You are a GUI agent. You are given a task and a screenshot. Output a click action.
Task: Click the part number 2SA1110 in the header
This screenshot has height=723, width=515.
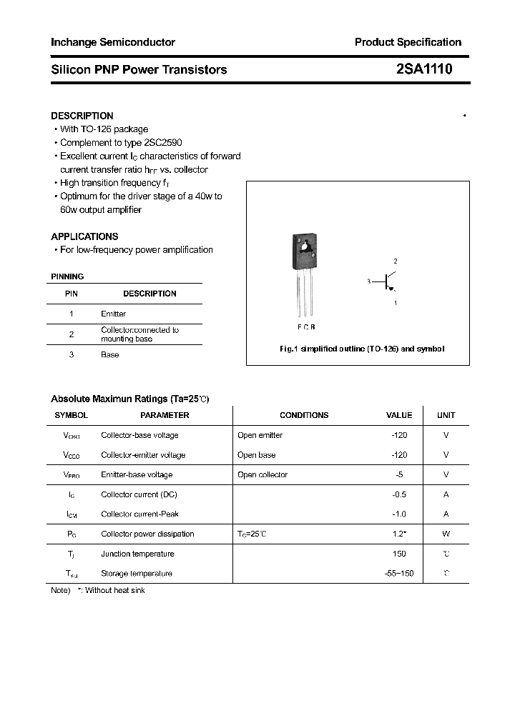[423, 69]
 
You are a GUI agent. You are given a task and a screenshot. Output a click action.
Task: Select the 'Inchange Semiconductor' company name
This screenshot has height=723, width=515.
[113, 42]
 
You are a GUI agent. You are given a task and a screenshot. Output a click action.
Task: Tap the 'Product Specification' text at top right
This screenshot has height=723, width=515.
[408, 42]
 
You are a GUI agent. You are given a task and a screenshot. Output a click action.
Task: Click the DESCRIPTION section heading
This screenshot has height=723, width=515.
[82, 116]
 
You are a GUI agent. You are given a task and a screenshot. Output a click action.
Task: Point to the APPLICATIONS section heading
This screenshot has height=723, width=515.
[84, 236]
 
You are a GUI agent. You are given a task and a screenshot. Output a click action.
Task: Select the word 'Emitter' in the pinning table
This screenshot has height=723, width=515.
[114, 314]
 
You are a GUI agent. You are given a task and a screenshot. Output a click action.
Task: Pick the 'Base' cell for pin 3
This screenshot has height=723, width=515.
[110, 354]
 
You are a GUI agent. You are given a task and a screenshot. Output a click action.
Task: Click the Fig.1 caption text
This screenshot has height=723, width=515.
[361, 349]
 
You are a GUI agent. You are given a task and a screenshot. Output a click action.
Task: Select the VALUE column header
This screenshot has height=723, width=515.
[399, 415]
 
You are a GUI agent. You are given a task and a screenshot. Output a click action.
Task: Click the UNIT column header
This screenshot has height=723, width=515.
[446, 415]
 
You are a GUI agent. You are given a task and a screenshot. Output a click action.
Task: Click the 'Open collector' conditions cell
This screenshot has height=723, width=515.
[263, 474]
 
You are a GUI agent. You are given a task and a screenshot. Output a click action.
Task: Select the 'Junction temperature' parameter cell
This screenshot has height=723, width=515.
[137, 554]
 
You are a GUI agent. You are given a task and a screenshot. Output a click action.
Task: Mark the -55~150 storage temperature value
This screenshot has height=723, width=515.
[399, 573]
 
